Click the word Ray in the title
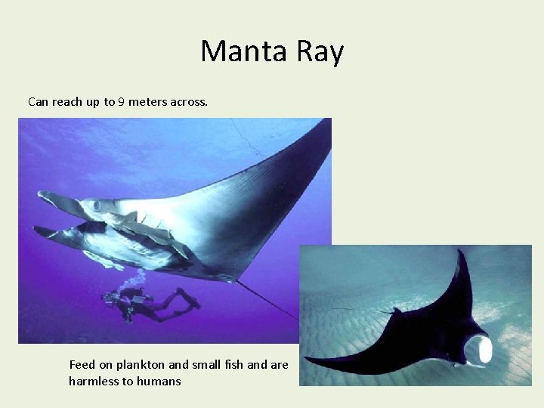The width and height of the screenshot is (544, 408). [320, 51]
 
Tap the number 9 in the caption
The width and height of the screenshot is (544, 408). [121, 101]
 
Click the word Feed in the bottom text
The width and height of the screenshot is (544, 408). [82, 365]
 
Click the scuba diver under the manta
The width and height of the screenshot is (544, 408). [144, 302]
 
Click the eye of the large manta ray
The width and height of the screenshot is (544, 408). [96, 205]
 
